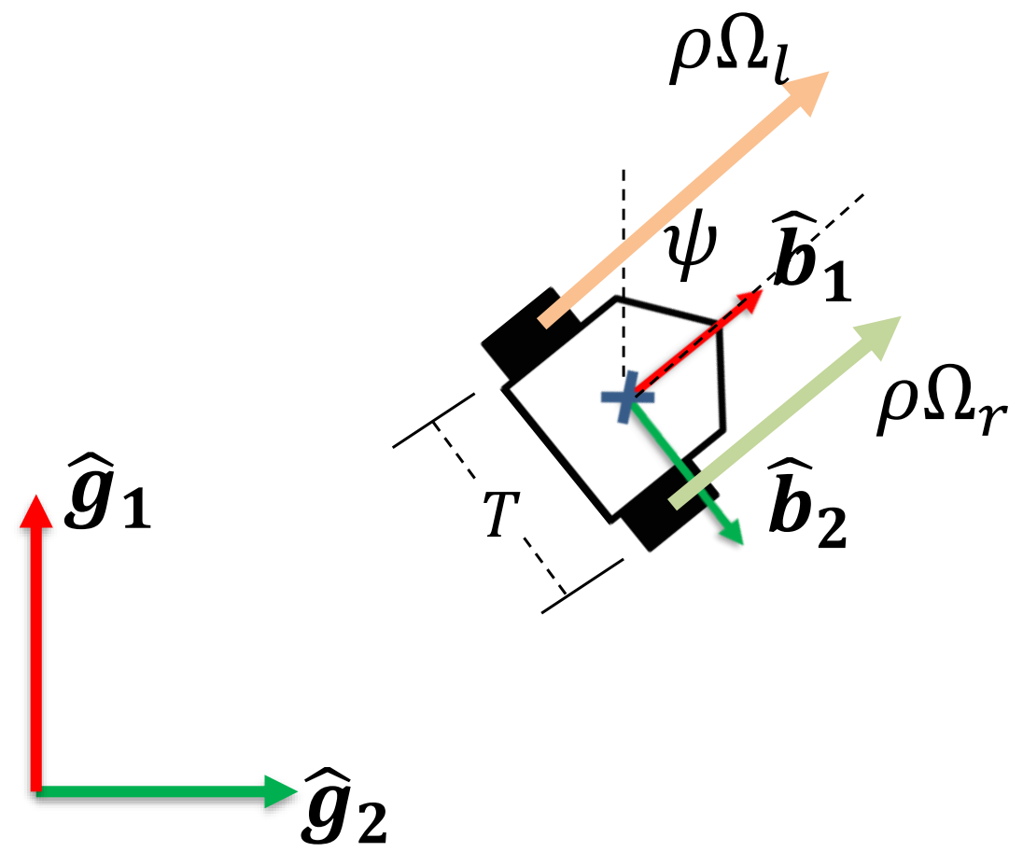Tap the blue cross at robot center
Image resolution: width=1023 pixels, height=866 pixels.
(627, 397)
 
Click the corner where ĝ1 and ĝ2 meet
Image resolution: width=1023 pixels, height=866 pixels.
(36, 790)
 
